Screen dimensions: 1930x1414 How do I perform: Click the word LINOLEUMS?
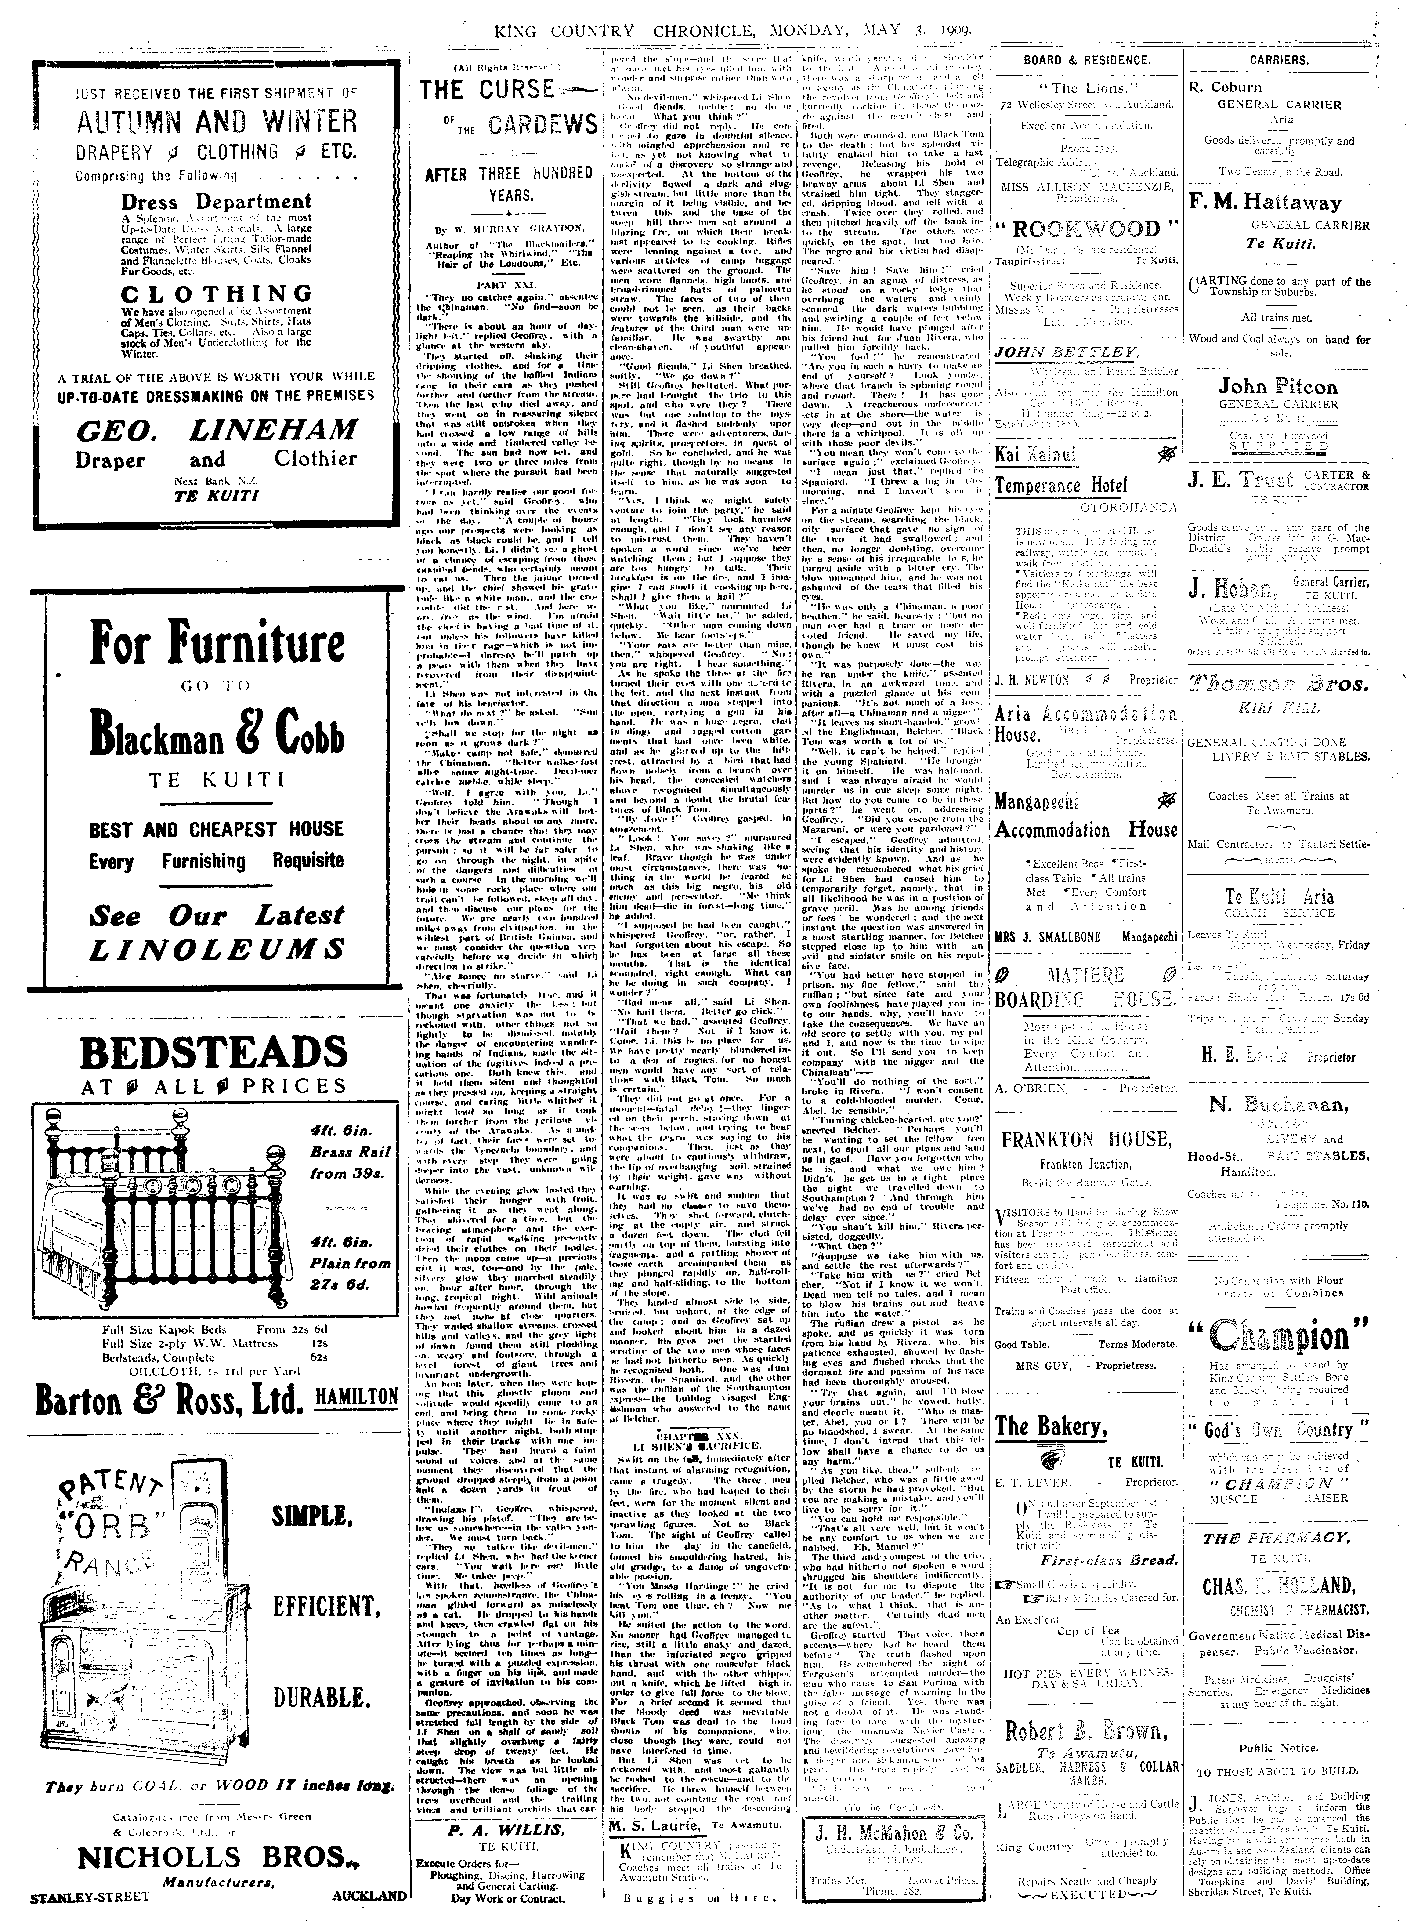[217, 948]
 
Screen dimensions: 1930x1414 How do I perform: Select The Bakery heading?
[1046, 1425]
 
